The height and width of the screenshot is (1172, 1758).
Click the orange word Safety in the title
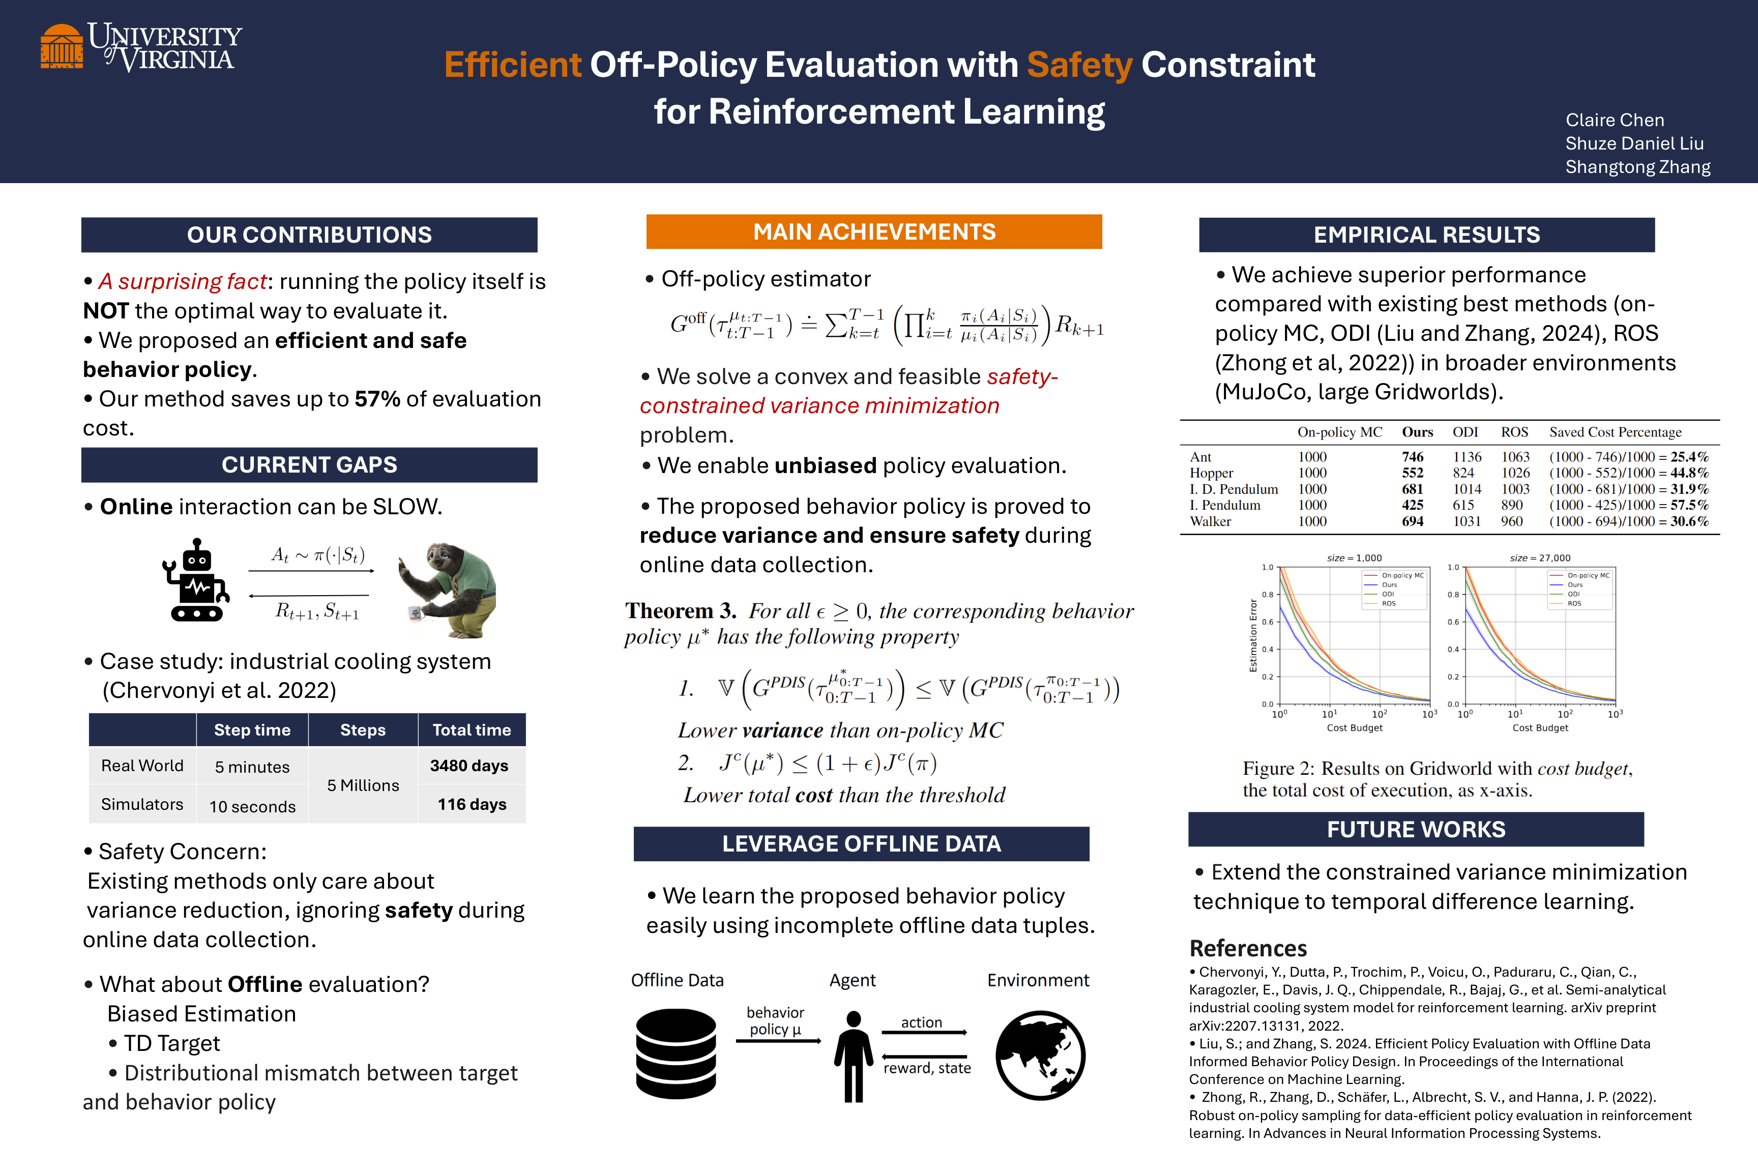click(1079, 65)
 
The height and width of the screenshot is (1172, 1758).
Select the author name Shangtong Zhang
click(1637, 167)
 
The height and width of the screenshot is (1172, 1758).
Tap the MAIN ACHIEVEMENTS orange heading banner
click(874, 232)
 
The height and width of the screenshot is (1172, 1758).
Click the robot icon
click(195, 581)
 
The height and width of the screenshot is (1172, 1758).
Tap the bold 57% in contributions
click(377, 399)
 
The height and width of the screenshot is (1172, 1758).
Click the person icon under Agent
click(853, 1056)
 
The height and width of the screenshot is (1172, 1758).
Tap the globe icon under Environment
click(1040, 1056)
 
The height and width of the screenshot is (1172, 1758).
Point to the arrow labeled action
click(924, 1032)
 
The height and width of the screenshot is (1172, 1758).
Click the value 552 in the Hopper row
click(1412, 473)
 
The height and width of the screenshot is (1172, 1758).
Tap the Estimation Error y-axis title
click(1253, 635)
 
